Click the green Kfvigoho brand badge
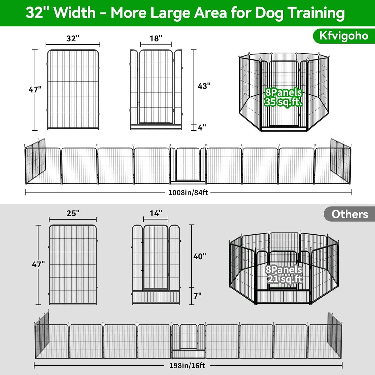click(344, 36)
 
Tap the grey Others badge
click(350, 214)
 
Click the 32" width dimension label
click(73, 38)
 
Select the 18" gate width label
click(156, 38)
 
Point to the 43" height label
click(204, 86)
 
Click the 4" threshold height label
click(202, 127)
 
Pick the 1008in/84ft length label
click(188, 193)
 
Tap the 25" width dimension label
click(73, 213)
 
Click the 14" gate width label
click(156, 213)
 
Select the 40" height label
click(200, 256)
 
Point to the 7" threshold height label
click(197, 296)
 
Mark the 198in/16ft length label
click(187, 366)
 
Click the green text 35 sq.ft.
click(283, 102)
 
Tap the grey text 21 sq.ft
click(285, 279)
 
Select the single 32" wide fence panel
click(73, 90)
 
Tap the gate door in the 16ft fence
click(188, 336)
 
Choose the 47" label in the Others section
click(38, 264)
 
